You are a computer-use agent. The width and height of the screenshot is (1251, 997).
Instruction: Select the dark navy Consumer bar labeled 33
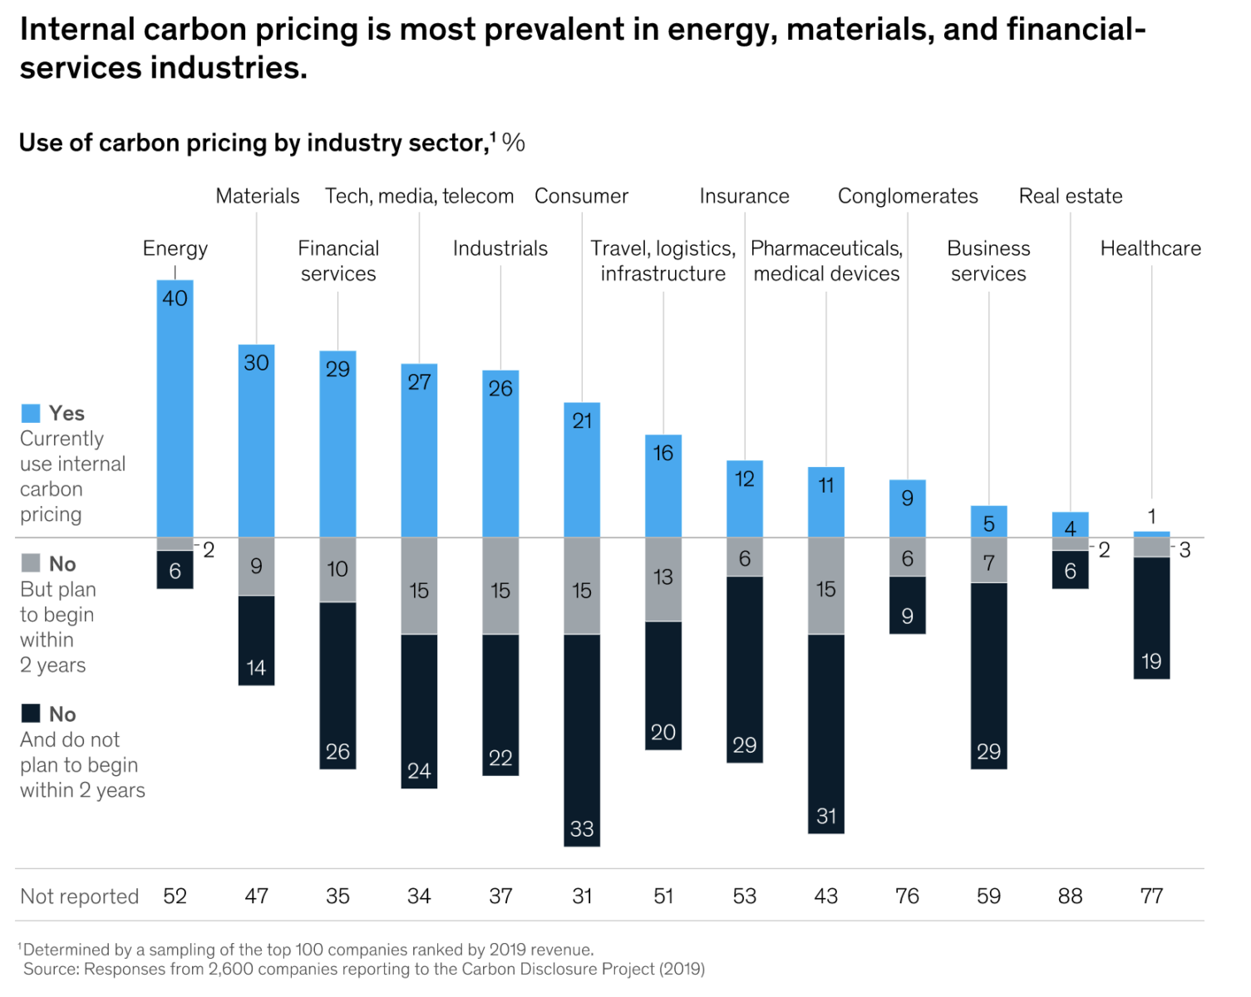(582, 739)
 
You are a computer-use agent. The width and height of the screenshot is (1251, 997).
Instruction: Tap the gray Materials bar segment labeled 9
(256, 567)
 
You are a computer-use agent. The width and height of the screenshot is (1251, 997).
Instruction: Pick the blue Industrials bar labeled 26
(500, 454)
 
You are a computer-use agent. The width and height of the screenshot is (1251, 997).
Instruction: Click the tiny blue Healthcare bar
(1151, 534)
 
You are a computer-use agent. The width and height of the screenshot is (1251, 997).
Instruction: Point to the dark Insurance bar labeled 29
(745, 669)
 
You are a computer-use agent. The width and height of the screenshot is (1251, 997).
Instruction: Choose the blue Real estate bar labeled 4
(1070, 524)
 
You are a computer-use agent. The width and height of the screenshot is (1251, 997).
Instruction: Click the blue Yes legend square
(31, 413)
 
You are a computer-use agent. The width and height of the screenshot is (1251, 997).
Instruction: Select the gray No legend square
(31, 563)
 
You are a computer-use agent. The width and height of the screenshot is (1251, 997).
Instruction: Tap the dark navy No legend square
(31, 714)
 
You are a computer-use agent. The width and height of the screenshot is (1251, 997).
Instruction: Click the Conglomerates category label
(908, 196)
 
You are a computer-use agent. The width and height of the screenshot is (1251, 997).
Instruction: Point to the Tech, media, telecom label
(419, 196)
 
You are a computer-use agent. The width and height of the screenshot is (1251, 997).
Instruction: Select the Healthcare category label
(1150, 248)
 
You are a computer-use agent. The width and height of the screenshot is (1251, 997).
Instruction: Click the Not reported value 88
(1070, 896)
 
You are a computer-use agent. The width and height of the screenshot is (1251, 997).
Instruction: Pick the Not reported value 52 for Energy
(175, 896)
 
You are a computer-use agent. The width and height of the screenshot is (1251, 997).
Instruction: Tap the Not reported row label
(79, 896)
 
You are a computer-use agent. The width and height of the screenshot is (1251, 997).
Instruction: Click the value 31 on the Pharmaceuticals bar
(826, 816)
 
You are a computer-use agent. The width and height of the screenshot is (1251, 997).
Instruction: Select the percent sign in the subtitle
(514, 143)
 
